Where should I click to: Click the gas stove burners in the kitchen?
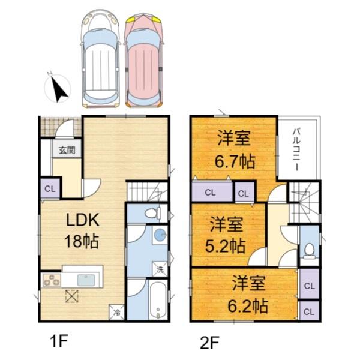(50, 280)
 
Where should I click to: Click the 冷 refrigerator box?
(117, 313)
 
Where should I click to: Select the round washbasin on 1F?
(159, 235)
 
